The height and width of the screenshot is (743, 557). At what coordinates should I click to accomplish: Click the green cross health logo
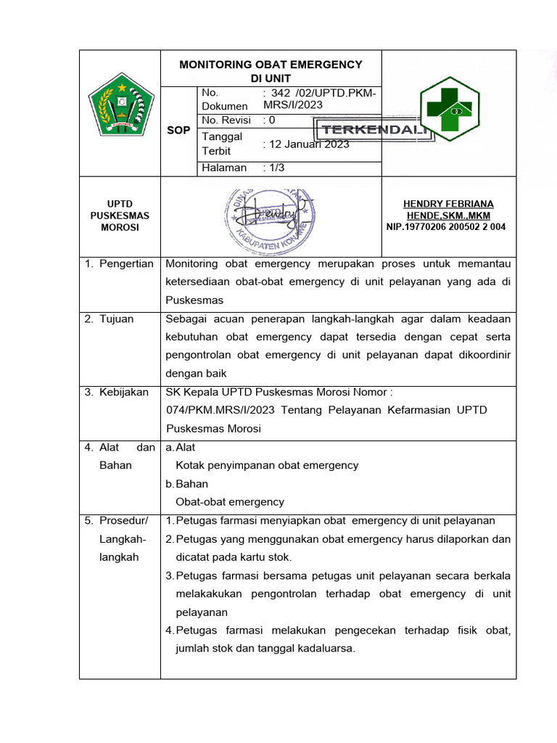(x=450, y=110)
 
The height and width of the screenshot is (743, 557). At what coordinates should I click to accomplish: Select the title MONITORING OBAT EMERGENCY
(x=271, y=65)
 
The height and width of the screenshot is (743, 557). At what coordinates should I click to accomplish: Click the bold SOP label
(x=178, y=131)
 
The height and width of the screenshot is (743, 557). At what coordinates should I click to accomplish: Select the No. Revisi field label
(x=226, y=120)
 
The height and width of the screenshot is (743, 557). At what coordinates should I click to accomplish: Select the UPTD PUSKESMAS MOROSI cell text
(x=120, y=215)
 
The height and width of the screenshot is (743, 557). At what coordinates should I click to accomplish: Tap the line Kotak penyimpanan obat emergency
(x=267, y=465)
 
